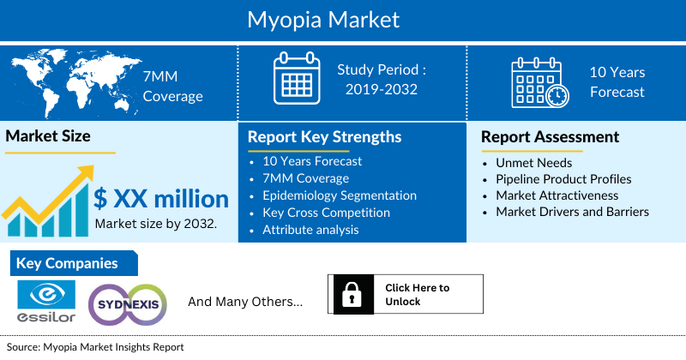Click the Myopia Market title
pos(342,19)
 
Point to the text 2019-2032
pos(381,88)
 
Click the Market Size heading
pos(48,135)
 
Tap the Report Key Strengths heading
pos(324,137)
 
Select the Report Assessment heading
pos(550,137)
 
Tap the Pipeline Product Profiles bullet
pos(563,179)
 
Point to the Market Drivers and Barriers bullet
pos(572,212)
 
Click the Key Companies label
pos(66,263)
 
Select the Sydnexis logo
pos(126,303)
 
